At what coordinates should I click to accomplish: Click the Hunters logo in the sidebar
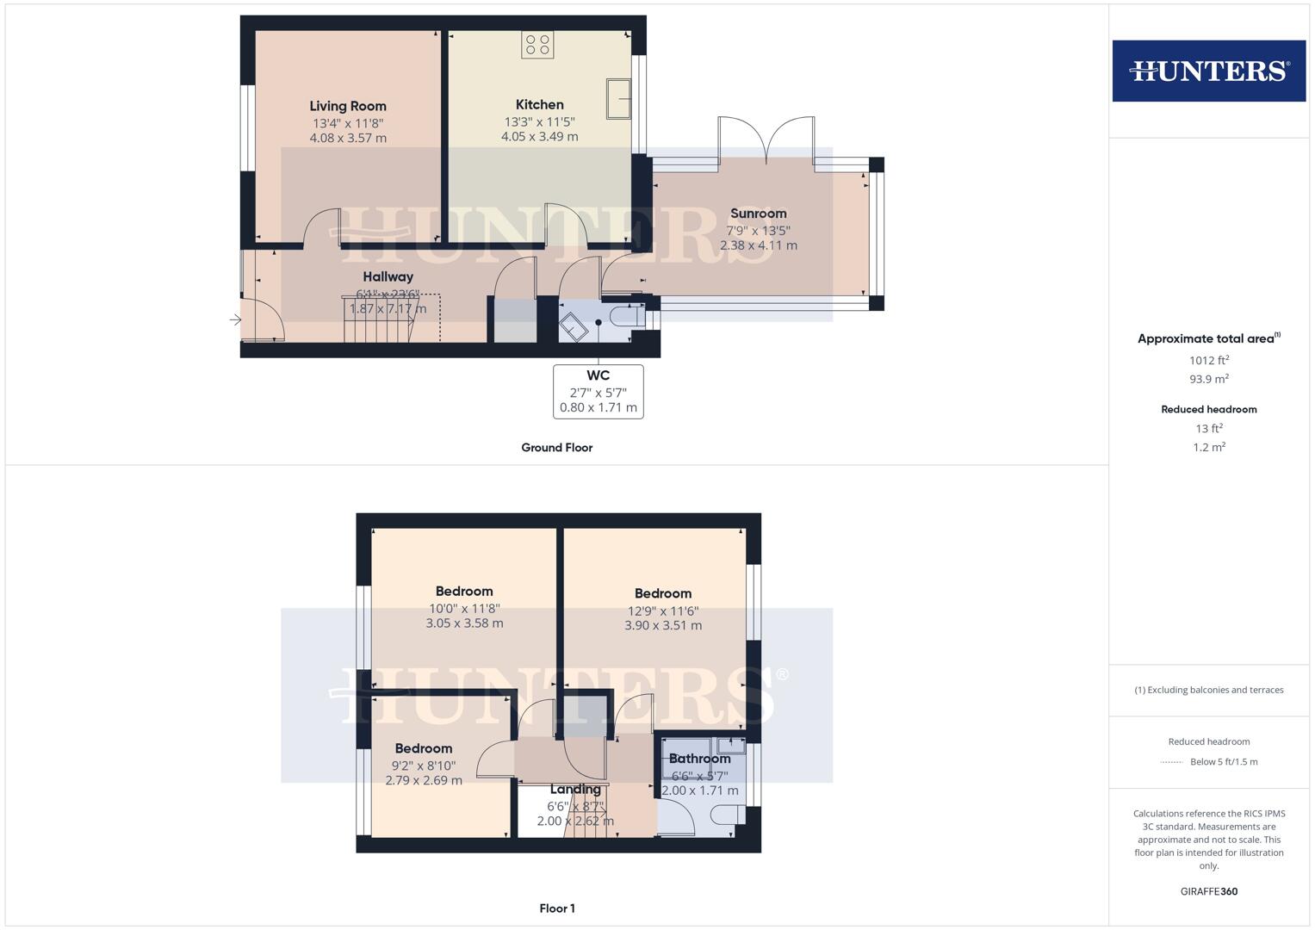point(1208,71)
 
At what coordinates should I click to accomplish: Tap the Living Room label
point(348,106)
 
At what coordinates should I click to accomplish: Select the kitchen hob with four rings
point(537,45)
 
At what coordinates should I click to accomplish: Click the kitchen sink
point(618,98)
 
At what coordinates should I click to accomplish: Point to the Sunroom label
point(758,214)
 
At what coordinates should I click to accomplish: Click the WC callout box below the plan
point(598,392)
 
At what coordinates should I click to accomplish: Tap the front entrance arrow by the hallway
point(236,320)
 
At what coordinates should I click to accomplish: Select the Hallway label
point(388,276)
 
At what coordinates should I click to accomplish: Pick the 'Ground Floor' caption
point(556,448)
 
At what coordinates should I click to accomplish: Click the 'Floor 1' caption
point(556,908)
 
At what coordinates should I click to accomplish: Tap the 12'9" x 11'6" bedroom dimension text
point(662,611)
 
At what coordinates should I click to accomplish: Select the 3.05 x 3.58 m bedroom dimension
point(464,623)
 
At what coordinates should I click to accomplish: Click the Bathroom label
point(699,759)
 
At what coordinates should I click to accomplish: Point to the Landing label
point(575,789)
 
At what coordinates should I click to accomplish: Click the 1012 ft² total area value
point(1208,360)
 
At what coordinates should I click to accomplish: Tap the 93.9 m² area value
point(1208,379)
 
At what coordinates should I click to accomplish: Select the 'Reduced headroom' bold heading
point(1208,409)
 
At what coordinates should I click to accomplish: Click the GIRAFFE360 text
point(1208,891)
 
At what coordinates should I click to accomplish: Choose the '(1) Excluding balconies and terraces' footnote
point(1208,690)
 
